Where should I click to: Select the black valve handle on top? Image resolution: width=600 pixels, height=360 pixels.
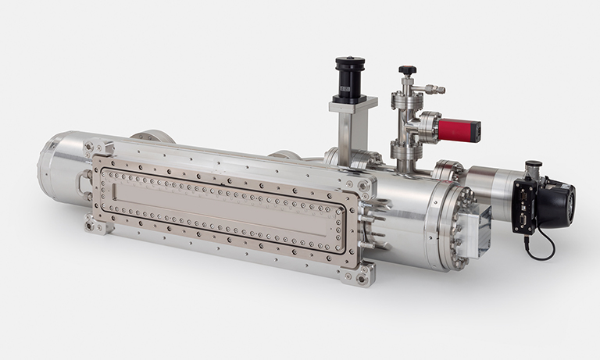[406, 70]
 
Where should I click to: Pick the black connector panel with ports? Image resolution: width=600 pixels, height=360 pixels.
[525, 206]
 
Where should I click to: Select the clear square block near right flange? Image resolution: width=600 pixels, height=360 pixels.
[472, 231]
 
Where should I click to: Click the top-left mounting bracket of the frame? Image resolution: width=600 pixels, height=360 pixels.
[102, 146]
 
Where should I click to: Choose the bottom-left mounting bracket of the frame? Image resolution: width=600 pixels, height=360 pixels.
[95, 226]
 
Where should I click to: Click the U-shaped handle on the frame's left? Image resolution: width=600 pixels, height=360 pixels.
[84, 181]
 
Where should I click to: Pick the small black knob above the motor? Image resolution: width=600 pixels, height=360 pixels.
[535, 166]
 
